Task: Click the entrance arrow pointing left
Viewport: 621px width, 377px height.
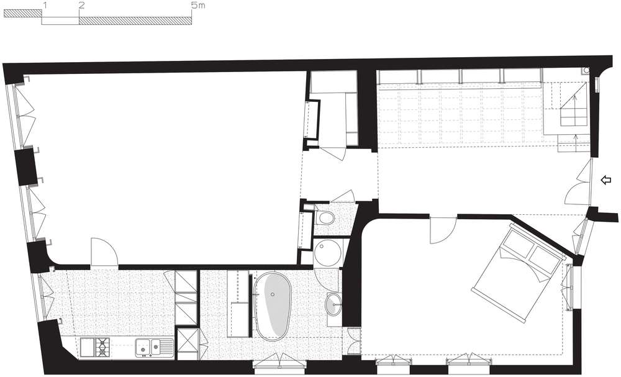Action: coord(606,180)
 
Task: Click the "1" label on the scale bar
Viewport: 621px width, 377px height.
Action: coord(46,5)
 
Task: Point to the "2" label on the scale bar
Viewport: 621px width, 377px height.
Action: coord(81,5)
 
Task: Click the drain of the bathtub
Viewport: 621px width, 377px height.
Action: coord(273,294)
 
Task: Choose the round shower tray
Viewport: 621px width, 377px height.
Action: coord(327,253)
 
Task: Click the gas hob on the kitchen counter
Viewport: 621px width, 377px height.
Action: coord(102,347)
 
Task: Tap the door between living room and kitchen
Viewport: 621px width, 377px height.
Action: coord(104,252)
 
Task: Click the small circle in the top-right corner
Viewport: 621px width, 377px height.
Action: coord(586,70)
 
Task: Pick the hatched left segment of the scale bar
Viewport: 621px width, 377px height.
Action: coord(22,14)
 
